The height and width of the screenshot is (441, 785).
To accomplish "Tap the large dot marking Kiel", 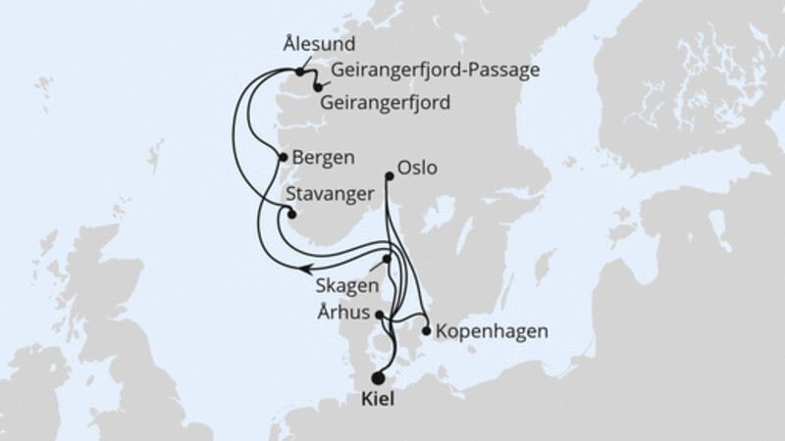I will (379, 375).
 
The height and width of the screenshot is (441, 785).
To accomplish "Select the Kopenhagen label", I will (486, 330).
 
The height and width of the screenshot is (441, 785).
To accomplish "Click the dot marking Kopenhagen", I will (426, 330).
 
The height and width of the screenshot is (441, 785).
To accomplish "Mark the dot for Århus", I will (381, 315).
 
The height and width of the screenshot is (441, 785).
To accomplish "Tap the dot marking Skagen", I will (388, 260).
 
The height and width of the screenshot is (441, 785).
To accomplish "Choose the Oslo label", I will (418, 168).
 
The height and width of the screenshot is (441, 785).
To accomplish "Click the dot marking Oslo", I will (390, 175).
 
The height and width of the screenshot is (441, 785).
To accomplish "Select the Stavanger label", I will (331, 193).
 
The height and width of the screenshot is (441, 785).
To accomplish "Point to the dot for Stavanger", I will (290, 215).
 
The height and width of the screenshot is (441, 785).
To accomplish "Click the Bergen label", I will (324, 157).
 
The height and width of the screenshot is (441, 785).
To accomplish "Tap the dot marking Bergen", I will (284, 157).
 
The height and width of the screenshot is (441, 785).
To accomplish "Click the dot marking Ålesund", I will (298, 72).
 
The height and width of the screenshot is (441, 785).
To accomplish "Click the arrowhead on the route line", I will (306, 267).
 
